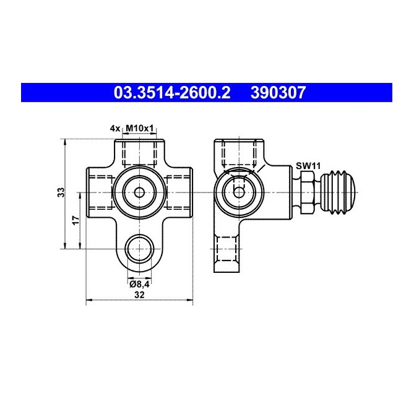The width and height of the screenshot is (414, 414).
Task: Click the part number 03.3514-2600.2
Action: (x=171, y=93)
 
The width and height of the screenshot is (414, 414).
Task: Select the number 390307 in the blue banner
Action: (x=278, y=93)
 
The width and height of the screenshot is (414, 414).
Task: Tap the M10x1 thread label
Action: (x=140, y=128)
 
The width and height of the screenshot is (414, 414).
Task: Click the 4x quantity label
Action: (x=114, y=128)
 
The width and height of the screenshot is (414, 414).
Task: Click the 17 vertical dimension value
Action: (x=75, y=221)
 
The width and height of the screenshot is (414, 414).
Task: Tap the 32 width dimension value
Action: (x=139, y=296)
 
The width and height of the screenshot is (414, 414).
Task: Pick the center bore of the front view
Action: (x=140, y=192)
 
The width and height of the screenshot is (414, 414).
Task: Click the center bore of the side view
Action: (x=238, y=192)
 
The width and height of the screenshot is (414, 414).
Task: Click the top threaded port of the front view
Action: (x=140, y=152)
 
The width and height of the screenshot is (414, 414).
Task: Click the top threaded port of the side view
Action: (x=238, y=152)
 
